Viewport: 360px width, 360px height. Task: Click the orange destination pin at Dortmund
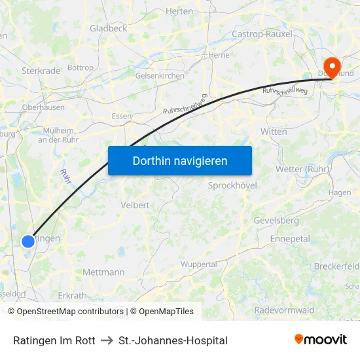coord(332,66)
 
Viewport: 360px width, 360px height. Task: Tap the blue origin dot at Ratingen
coord(28,242)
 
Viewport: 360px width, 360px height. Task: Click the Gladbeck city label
coord(109,28)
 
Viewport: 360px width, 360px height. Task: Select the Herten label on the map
coord(180,11)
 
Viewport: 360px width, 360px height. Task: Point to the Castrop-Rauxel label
coord(261,33)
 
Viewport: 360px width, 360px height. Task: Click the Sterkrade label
coord(41,70)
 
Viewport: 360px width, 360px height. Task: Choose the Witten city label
coord(274,132)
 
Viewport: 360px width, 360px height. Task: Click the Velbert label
coord(135,205)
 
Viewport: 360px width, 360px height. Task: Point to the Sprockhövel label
coord(232,185)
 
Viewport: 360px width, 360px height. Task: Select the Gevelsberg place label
coord(276,221)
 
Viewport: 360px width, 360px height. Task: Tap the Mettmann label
coord(103,272)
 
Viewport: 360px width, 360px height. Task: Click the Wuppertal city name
coord(198,264)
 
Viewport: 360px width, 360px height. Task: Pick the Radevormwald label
coord(284,310)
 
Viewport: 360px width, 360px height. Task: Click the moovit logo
coord(321,340)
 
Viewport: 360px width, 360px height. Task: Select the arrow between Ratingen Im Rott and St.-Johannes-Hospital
coord(107,340)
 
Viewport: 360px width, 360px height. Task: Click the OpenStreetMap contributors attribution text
coord(70,312)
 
